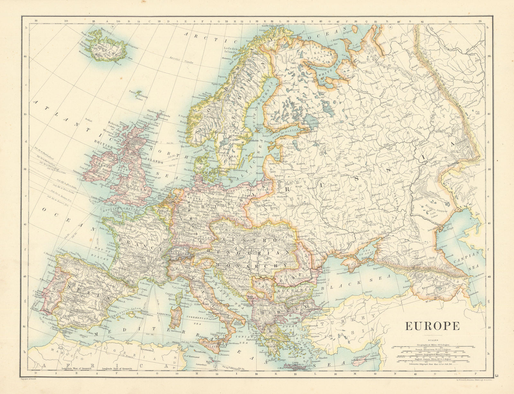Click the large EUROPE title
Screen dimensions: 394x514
[x=432, y=326]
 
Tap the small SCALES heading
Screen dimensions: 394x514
[x=432, y=340]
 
